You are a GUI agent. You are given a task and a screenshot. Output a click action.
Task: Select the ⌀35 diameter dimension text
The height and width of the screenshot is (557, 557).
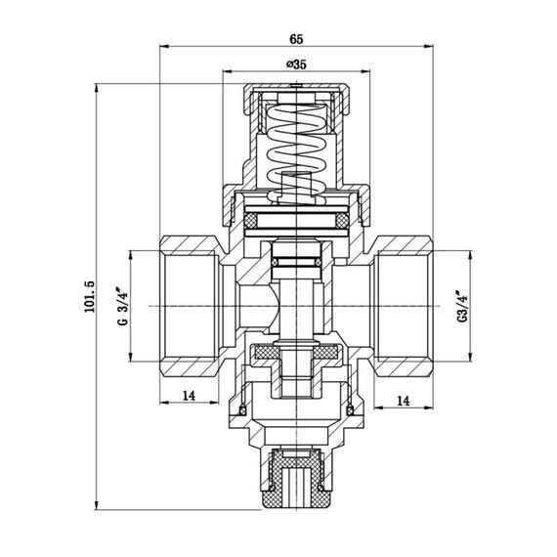pyautogui.click(x=295, y=64)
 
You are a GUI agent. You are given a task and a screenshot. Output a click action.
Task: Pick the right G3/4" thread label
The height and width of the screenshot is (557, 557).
pyautogui.click(x=461, y=306)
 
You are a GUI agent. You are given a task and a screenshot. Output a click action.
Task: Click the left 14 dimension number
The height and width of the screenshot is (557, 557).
pyautogui.click(x=189, y=395)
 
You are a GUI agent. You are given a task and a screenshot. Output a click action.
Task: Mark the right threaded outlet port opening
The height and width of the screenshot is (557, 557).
pyautogui.click(x=406, y=305)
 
